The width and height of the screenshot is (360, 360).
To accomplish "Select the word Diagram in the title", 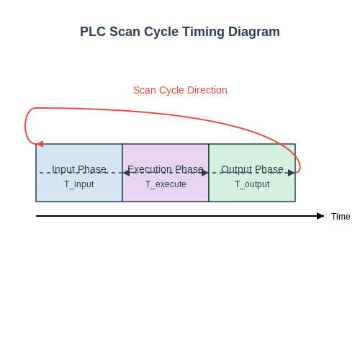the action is (254, 32).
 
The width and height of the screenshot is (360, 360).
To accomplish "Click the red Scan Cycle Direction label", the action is (180, 90).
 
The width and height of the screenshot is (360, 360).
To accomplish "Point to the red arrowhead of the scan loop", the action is (40, 144).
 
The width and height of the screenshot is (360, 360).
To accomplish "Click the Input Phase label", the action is (79, 169).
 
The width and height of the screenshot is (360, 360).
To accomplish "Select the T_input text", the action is (79, 184).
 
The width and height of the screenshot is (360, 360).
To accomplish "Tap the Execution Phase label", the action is (166, 169).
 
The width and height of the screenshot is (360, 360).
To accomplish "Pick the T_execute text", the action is (166, 184).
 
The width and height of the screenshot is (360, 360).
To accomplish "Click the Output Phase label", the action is (252, 169).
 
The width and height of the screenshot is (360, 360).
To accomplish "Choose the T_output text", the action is (252, 184).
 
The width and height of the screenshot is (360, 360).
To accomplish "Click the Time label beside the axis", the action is (341, 217).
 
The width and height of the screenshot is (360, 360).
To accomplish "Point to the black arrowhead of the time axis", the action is (320, 216).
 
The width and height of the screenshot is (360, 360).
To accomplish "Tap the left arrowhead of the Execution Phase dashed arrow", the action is (126, 173).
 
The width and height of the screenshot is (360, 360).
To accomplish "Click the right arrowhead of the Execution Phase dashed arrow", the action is (205, 173).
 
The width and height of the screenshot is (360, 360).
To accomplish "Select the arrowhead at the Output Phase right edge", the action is (292, 173).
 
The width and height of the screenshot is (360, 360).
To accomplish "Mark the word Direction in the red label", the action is (207, 90).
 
